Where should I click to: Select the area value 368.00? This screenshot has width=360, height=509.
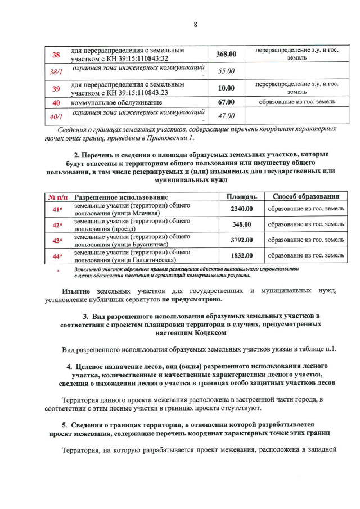pos(226,55)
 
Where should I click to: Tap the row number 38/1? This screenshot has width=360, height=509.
pos(56,71)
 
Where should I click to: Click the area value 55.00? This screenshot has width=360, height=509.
pos(226,71)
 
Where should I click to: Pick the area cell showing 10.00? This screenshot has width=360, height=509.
pos(226,88)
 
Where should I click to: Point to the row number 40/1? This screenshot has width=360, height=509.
pos(56,116)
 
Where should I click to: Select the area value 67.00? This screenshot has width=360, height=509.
pos(226,102)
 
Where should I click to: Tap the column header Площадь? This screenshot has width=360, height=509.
pos(241,197)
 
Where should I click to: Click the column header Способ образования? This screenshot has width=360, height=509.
pos(306,197)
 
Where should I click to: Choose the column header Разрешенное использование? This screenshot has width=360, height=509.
pos(121,197)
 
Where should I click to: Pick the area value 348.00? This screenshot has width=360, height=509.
pos(242,224)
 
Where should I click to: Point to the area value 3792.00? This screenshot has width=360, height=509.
pos(242,240)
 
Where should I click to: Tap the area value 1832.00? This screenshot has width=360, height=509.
pos(242,255)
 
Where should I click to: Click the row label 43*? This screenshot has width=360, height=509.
pos(57,241)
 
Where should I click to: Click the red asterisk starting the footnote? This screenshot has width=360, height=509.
pos(57,272)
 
